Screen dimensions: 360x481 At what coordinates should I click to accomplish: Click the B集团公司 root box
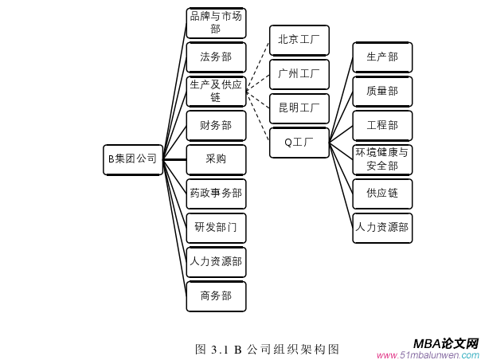click(x=133, y=159)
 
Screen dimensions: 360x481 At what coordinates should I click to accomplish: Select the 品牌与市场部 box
click(x=216, y=23)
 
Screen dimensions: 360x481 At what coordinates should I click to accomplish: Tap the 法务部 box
click(x=216, y=57)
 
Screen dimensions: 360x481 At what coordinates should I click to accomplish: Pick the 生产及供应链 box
click(x=216, y=91)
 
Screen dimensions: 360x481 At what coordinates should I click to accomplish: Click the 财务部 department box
click(x=216, y=125)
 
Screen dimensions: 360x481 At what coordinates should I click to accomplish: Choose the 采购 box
click(x=216, y=159)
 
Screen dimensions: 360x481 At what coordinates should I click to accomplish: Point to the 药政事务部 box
click(x=216, y=194)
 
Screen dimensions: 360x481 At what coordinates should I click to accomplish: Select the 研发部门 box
click(x=216, y=228)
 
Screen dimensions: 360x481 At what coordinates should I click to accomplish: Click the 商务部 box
click(x=216, y=295)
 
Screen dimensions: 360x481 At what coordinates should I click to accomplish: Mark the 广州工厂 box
click(x=299, y=74)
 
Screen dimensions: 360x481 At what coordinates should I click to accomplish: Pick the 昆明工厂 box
click(x=299, y=108)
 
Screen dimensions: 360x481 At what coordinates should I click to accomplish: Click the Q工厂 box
click(x=299, y=143)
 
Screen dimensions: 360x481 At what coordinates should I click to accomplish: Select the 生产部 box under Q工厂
click(x=382, y=57)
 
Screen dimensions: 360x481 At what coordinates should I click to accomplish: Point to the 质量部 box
click(x=382, y=92)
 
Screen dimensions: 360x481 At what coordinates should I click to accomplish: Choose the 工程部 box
click(x=382, y=126)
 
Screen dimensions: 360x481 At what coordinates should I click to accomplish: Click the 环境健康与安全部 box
click(x=382, y=159)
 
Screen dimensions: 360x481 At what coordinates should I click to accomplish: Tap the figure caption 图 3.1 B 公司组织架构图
click(x=268, y=349)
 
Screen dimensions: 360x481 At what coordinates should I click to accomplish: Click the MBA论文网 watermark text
click(x=446, y=343)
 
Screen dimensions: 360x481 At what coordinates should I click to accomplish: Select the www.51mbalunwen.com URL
click(x=428, y=355)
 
